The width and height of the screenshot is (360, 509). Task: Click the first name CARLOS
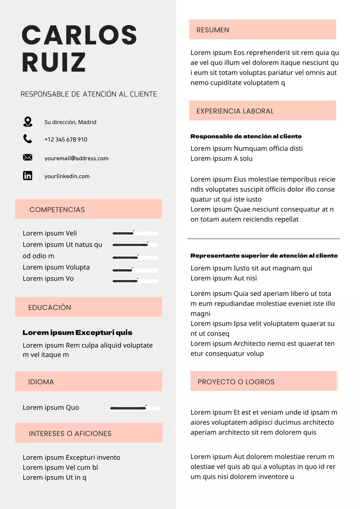[80, 35]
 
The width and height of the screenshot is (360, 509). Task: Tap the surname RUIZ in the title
[54, 63]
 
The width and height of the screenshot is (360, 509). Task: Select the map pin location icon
[27, 122]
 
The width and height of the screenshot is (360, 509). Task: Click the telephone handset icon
[27, 139]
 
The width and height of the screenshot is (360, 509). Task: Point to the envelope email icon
[27, 158]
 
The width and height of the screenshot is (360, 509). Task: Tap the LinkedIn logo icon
[27, 175]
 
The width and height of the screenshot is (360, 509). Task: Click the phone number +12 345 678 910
[66, 140]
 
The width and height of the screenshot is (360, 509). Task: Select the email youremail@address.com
[76, 158]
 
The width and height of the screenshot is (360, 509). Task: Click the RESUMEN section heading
[213, 30]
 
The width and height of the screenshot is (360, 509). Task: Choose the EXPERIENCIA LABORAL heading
[235, 111]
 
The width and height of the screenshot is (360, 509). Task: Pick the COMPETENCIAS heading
[57, 210]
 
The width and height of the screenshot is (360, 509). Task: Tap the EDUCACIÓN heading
[50, 307]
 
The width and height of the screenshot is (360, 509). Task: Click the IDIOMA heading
[41, 382]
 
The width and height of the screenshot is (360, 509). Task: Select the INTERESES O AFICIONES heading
[70, 433]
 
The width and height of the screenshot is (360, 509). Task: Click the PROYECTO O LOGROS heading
[236, 382]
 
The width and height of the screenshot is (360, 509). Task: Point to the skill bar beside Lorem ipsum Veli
[135, 233]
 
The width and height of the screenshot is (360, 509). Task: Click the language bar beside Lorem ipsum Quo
[135, 408]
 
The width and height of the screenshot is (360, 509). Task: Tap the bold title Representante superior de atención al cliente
[264, 256]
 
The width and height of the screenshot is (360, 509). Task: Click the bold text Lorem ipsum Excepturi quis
[77, 332]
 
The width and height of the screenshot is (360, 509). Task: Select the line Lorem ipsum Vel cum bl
[60, 467]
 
